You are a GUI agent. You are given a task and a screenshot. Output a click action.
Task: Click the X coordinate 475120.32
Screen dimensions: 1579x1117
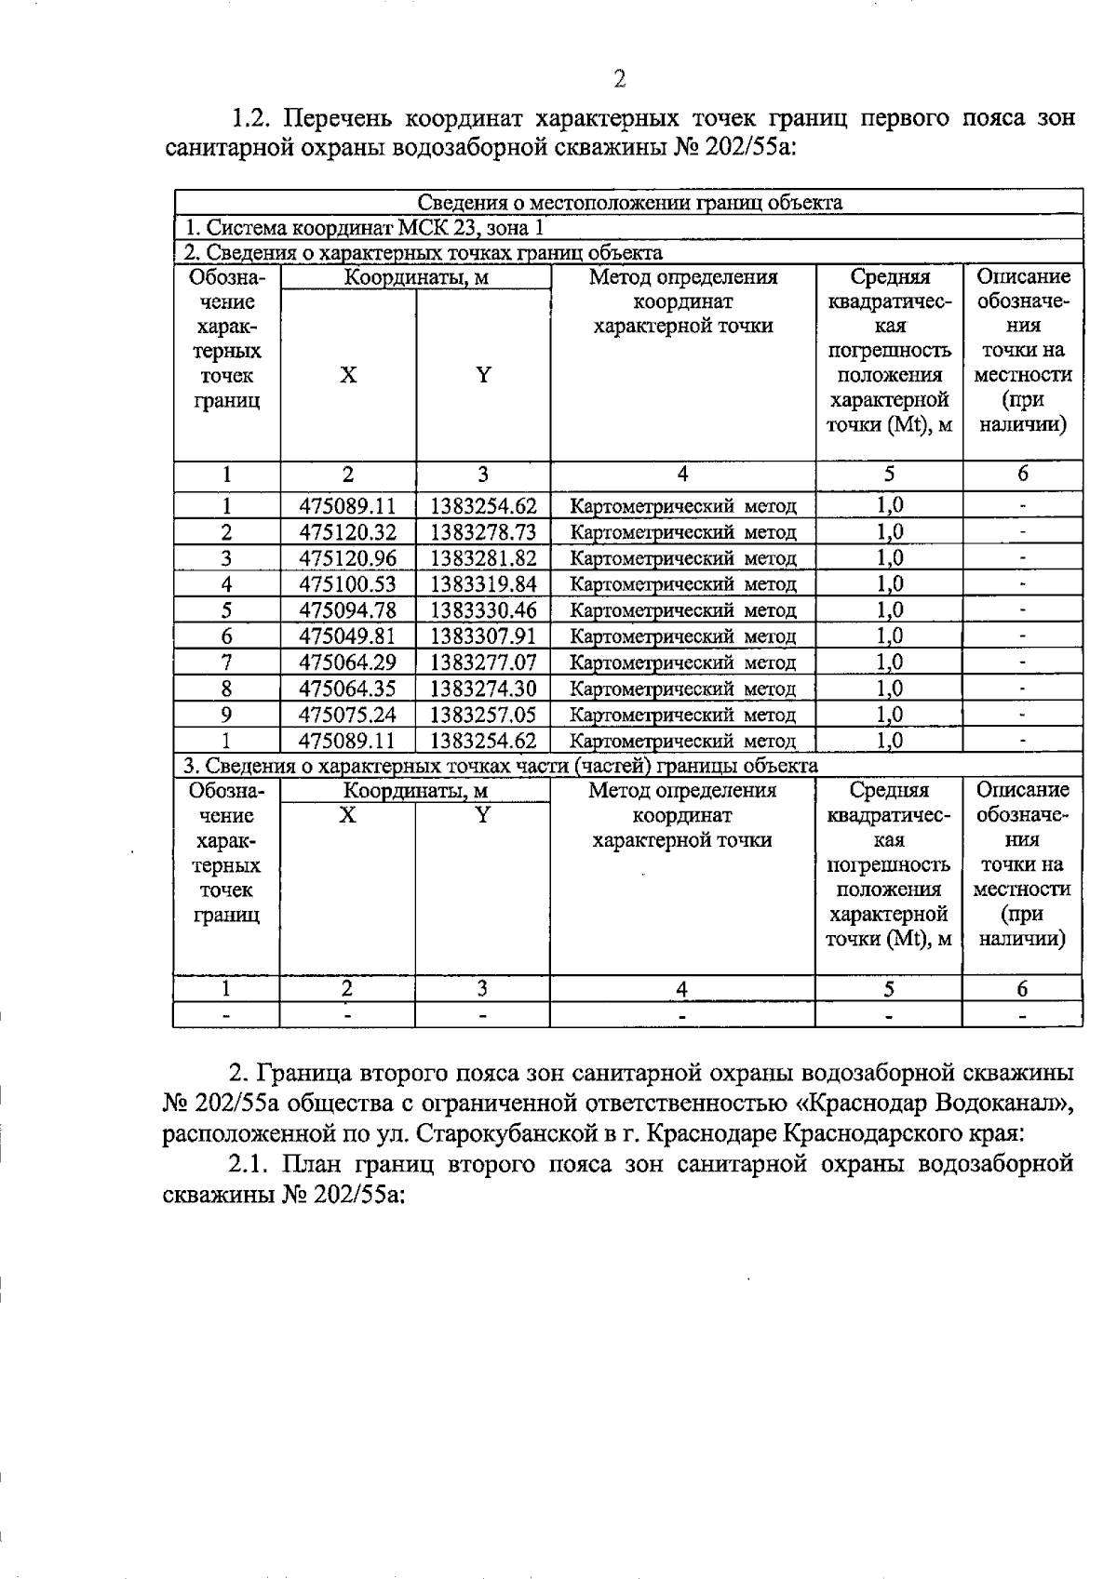[x=347, y=532]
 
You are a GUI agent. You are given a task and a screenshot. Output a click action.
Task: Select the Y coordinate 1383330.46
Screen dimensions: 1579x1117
[x=483, y=610]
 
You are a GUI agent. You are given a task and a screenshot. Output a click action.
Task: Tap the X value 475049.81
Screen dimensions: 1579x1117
[x=347, y=636]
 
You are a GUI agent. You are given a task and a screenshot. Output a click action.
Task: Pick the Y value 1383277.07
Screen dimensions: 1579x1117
[x=483, y=662]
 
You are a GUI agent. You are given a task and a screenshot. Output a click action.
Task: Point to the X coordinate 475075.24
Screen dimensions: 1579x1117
[x=347, y=715]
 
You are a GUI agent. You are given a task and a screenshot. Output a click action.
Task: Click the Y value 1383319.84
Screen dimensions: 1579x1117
[x=483, y=584]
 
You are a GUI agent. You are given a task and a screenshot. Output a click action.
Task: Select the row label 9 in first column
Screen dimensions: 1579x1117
[x=226, y=715]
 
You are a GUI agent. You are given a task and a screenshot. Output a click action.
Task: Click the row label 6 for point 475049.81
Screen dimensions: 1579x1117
[x=226, y=636]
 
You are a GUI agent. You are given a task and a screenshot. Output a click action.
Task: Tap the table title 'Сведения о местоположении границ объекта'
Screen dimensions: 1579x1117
[x=629, y=202]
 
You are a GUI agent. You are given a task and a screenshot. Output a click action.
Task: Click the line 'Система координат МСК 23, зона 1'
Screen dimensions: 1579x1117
[x=363, y=227]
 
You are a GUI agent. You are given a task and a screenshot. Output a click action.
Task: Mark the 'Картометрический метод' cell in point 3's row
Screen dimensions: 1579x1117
[x=682, y=558]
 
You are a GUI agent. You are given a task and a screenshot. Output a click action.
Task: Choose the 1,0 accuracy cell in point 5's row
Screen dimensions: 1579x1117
[x=889, y=610]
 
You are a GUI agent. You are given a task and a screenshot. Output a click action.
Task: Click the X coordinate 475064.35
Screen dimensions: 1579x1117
[x=347, y=689]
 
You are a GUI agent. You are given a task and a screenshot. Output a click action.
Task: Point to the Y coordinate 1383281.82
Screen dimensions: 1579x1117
[x=483, y=558]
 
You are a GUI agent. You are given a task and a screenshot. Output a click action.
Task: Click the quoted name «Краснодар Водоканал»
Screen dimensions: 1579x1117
[x=939, y=1104]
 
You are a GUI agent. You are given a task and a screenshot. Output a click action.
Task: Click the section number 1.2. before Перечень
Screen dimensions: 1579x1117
[x=251, y=119]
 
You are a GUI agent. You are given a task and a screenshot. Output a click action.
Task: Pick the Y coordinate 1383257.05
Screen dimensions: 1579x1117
[x=483, y=715]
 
